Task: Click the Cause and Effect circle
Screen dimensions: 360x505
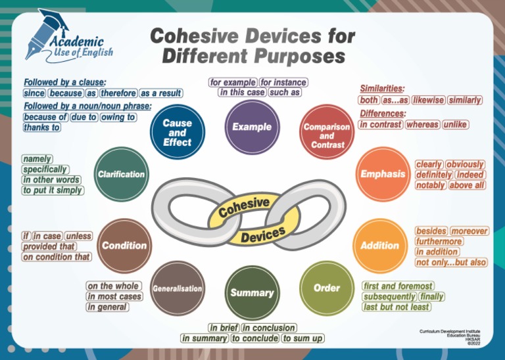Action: pyautogui.click(x=178, y=131)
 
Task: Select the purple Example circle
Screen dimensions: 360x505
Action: pyautogui.click(x=251, y=127)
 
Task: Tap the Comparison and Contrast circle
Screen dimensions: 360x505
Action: pyautogui.click(x=327, y=135)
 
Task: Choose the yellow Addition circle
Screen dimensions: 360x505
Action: pyautogui.click(x=379, y=246)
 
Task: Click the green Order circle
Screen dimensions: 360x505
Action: pyautogui.click(x=326, y=288)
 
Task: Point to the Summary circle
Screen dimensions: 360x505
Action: pyautogui.click(x=252, y=292)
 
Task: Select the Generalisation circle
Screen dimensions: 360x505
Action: pyautogui.click(x=178, y=288)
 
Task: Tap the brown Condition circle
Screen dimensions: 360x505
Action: pyautogui.click(x=124, y=246)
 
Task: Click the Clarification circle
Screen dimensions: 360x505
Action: pyautogui.click(x=121, y=174)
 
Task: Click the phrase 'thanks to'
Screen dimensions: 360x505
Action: pyautogui.click(x=41, y=127)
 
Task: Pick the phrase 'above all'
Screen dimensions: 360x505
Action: pyautogui.click(x=467, y=185)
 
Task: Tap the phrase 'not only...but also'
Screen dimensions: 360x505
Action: pyautogui.click(x=451, y=262)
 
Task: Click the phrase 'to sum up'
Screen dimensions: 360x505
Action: pyautogui.click(x=302, y=338)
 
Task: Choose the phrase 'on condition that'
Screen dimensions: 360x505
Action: pyautogui.click(x=57, y=257)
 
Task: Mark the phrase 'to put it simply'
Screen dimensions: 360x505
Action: pyautogui.click(x=53, y=190)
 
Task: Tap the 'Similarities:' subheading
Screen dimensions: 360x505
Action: pyautogui.click(x=382, y=88)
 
